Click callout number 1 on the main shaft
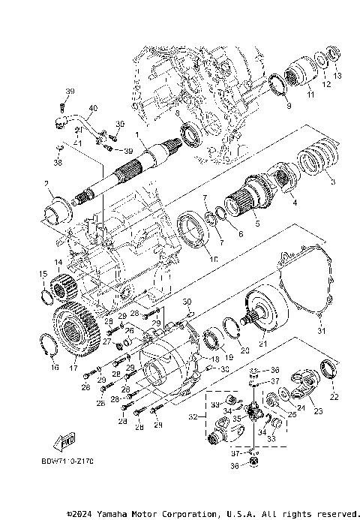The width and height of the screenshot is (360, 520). point(136,135)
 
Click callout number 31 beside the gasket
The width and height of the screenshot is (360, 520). point(319,331)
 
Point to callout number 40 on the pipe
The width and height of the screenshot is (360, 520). point(92,108)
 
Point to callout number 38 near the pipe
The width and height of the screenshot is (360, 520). point(60,161)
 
